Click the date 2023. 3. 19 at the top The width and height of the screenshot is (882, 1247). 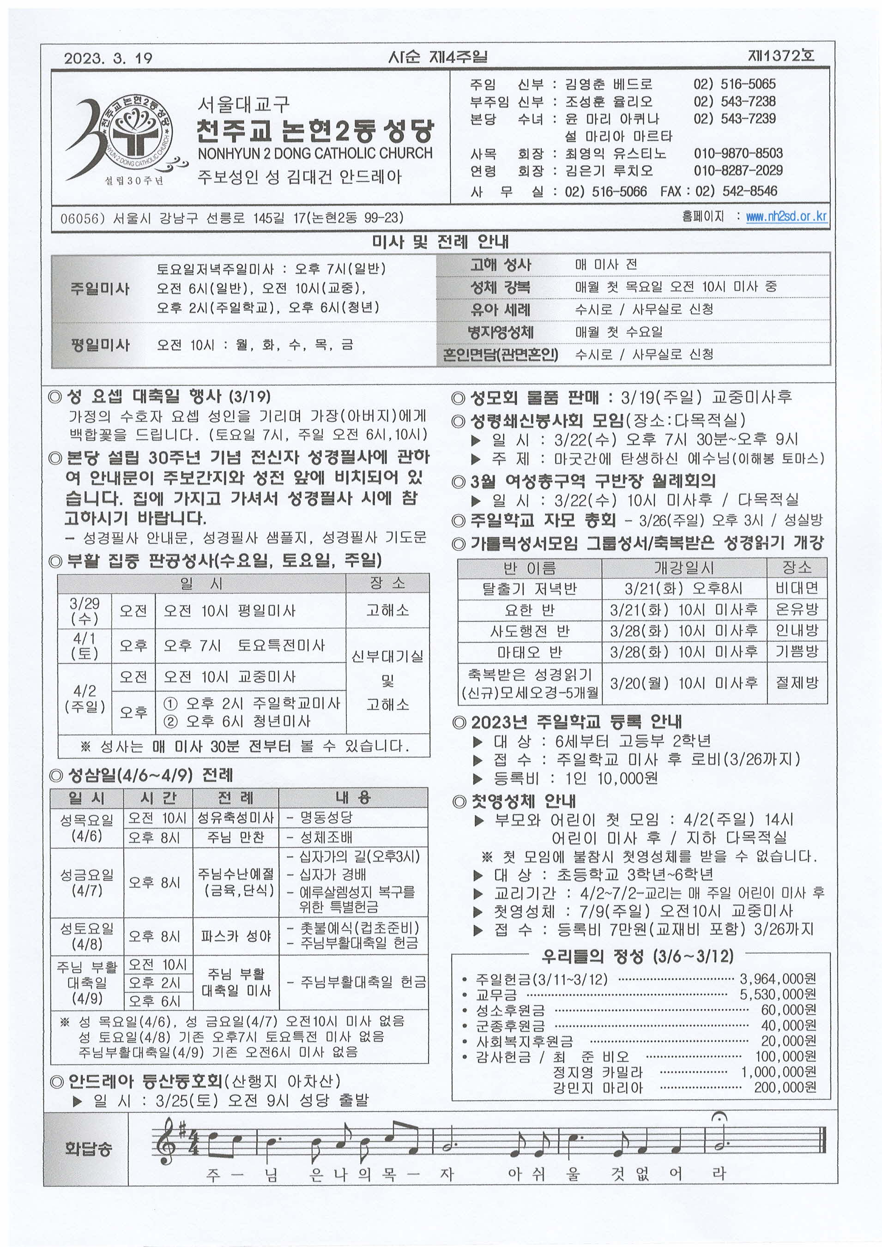pos(108,58)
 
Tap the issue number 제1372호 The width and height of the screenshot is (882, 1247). pos(781,55)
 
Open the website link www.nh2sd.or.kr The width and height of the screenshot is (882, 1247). pos(786,216)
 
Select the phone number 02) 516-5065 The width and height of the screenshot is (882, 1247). pos(734,84)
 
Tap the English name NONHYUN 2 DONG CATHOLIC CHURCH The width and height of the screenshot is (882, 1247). pos(315,154)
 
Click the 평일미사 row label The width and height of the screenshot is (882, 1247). pos(100,345)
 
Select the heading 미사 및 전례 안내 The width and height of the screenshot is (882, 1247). pos(440,241)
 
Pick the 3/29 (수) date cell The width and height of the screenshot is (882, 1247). pos(85,610)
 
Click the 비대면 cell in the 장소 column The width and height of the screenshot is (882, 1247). pos(797,588)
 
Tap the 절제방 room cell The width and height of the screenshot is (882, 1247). pos(797,683)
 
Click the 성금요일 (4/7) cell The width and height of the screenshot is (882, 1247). pos(87,883)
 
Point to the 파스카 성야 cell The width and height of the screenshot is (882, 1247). pos(236,936)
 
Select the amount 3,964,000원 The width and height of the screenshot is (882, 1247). pos(778,979)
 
